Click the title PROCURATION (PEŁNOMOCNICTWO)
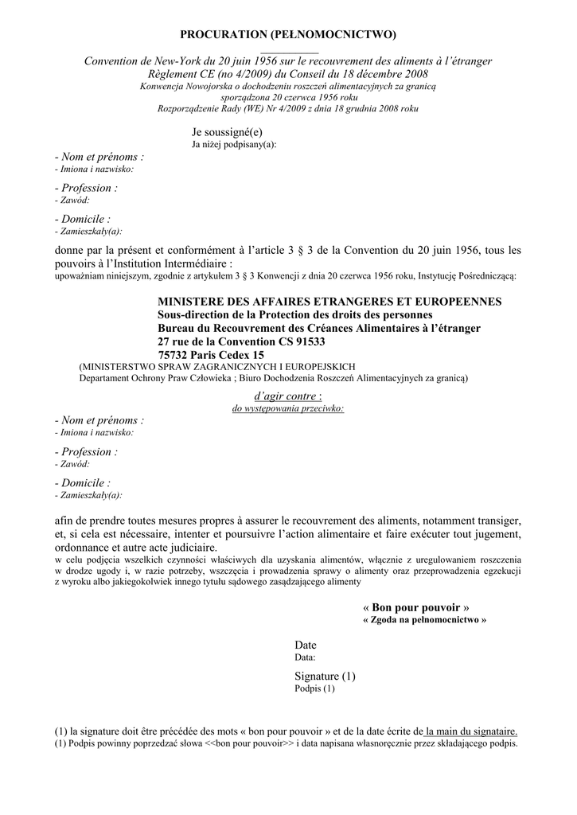click(288, 34)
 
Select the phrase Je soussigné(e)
click(227, 131)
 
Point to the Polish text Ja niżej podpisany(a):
click(234, 145)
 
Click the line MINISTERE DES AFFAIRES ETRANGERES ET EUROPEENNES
click(329, 302)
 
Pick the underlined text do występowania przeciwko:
click(287, 407)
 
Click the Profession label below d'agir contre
click(86, 451)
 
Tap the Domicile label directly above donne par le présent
click(83, 218)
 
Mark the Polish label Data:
click(305, 657)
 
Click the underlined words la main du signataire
click(471, 731)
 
